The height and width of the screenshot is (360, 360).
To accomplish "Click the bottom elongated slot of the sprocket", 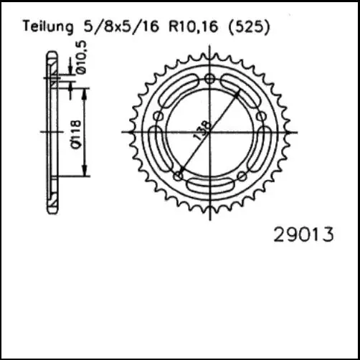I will click(x=209, y=186).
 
